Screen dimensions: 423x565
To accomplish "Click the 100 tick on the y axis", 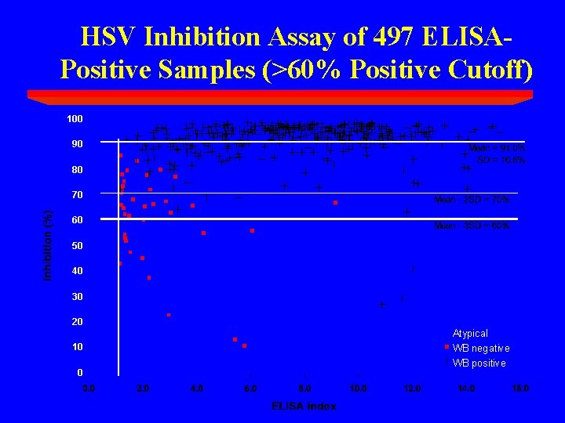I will [x=75, y=119].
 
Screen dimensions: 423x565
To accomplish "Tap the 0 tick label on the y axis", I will [x=79, y=372].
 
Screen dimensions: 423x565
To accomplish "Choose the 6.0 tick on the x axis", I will [x=250, y=389].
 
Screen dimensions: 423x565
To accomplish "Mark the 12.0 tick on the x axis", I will [x=412, y=389].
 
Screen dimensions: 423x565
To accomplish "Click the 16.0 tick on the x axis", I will [x=520, y=389].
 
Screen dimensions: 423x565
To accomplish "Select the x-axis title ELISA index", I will [x=304, y=406].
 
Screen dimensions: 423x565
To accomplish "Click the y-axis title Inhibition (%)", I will [x=48, y=244].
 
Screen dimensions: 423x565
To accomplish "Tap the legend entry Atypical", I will [x=470, y=334].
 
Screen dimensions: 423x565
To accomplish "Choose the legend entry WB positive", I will [x=479, y=363].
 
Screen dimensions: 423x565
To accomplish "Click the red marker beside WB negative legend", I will [x=447, y=348].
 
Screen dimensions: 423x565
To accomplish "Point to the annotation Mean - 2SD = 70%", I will [x=472, y=200].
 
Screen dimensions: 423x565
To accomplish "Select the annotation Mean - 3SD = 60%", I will [x=472, y=226].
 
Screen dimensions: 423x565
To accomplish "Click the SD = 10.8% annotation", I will [x=501, y=160].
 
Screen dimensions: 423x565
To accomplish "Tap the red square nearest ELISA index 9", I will [x=335, y=203].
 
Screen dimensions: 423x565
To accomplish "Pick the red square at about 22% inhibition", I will [x=169, y=315].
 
